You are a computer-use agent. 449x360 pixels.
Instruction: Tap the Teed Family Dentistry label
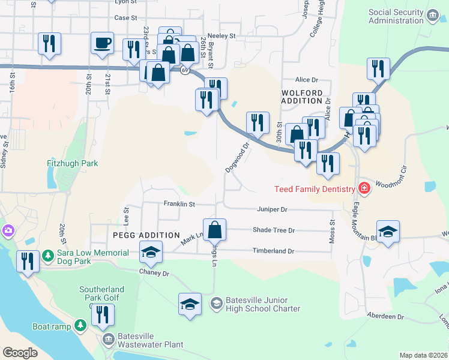click(x=315, y=189)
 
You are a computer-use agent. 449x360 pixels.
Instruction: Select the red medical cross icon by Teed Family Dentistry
click(x=364, y=188)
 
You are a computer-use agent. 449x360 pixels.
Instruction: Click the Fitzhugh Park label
click(x=73, y=163)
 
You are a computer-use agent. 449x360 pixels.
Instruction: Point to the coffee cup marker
click(x=101, y=43)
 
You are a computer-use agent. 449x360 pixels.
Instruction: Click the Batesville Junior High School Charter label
click(x=263, y=304)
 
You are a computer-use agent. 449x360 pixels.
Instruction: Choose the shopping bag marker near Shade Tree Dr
click(x=214, y=229)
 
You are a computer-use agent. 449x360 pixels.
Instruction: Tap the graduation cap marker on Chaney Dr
click(x=151, y=252)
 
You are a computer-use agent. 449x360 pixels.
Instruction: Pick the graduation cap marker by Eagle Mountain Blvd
click(x=388, y=231)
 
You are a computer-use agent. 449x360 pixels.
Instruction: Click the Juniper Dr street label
click(x=272, y=209)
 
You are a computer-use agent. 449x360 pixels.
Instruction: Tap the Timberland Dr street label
click(x=273, y=251)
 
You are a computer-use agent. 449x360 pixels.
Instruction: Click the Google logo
click(x=20, y=353)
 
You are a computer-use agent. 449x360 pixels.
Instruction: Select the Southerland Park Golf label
click(x=100, y=293)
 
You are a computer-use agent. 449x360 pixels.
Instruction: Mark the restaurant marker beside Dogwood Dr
click(x=258, y=122)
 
